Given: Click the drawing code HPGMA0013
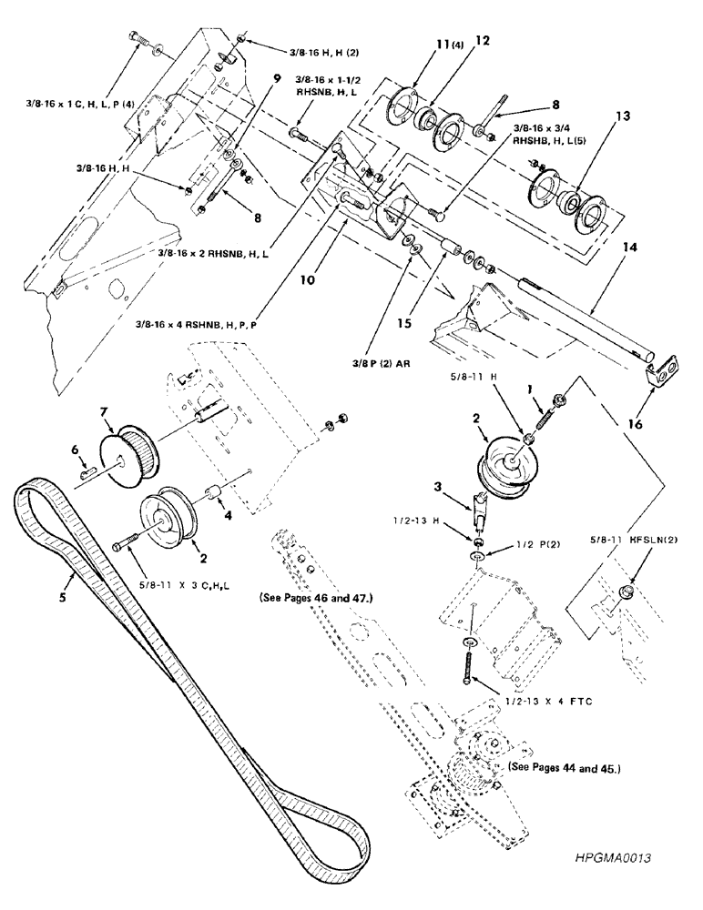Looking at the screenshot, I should tap(616, 857).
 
